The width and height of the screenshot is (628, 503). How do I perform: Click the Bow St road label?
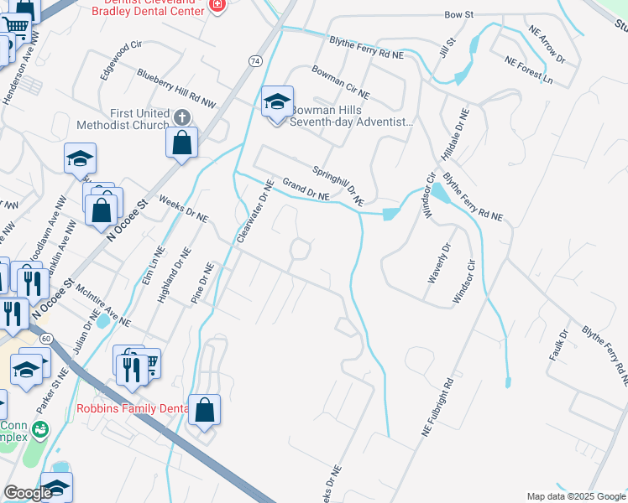460,15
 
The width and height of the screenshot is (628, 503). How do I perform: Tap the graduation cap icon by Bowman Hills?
277,103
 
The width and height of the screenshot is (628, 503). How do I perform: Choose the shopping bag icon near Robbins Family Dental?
204,410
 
